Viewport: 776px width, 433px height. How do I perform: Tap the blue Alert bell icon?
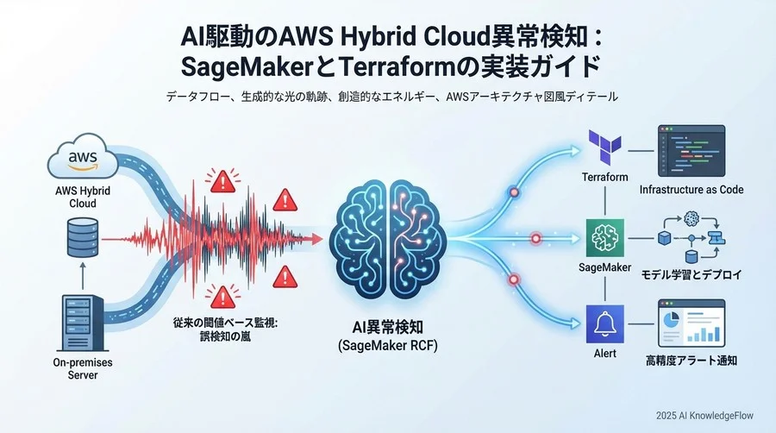(604, 323)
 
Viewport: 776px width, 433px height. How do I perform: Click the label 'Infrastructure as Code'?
(692, 189)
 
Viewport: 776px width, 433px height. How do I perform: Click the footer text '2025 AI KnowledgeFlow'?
(703, 416)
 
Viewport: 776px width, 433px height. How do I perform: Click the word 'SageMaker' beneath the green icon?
(604, 269)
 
